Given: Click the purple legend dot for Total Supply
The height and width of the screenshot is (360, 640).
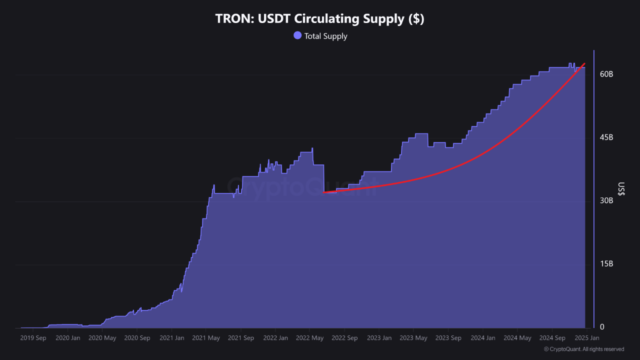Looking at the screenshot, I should tap(297, 35).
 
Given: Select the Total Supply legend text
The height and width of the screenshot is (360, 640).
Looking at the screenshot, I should tap(325, 36).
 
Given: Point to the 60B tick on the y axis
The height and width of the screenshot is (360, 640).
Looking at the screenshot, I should tap(606, 74).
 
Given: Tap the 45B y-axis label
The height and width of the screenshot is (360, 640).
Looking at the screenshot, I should tap(606, 137).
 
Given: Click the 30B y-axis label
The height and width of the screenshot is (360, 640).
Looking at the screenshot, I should tap(606, 200).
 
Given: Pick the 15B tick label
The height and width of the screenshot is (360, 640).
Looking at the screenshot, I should tap(606, 264).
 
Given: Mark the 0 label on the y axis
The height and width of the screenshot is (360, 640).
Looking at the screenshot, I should tap(602, 327).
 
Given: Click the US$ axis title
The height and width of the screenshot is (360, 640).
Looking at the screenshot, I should tap(621, 189).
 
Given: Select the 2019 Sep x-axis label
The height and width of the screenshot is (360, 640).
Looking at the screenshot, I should tap(33, 338).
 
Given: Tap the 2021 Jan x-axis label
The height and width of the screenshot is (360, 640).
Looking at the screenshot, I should tap(171, 338).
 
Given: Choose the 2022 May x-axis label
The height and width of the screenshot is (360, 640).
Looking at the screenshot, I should tap(310, 338).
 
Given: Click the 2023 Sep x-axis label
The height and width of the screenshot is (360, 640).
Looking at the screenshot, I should tap(448, 338).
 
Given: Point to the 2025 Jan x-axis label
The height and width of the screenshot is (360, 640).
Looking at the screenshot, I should tap(586, 338).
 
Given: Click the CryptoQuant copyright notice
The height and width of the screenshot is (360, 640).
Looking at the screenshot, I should tap(583, 349).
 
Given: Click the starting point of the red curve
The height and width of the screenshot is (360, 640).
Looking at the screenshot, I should tap(323, 192).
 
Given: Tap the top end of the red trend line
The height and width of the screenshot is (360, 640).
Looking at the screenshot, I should tap(584, 63).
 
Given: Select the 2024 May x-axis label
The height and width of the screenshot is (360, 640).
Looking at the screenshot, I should tap(517, 338).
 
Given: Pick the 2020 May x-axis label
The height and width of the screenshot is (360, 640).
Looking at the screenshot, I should tap(102, 338).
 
